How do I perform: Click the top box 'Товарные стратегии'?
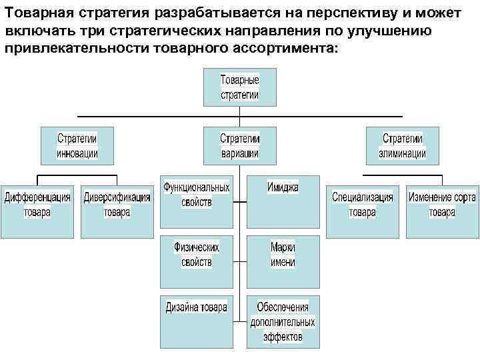(x=240, y=88)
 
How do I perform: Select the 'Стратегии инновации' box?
(x=77, y=146)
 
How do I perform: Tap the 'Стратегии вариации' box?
(x=240, y=146)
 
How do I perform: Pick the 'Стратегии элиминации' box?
(x=403, y=146)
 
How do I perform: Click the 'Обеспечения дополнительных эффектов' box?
(x=283, y=321)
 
